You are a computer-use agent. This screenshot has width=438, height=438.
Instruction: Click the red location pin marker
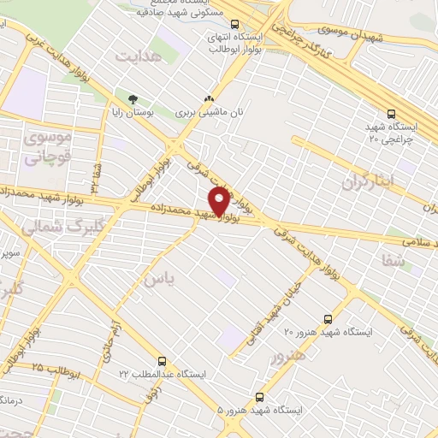point(220,200)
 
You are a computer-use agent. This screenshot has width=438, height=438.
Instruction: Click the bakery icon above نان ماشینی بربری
point(207,100)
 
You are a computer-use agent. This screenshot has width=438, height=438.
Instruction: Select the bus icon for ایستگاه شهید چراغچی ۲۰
point(391,113)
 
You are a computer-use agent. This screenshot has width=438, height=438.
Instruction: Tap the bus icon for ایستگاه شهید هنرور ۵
point(260,397)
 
